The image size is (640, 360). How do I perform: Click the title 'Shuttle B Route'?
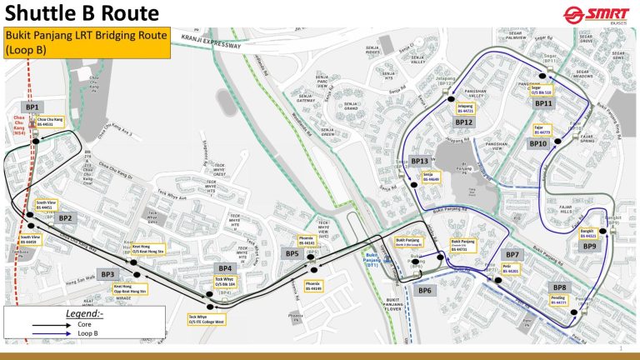point(82,14)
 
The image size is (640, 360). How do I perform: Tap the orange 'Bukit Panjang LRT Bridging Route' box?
point(87,43)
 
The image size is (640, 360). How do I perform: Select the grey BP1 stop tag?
point(32,108)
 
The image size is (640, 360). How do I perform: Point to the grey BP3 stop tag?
point(107,274)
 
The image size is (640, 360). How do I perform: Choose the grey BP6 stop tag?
point(425,290)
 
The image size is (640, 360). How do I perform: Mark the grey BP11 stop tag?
point(543,103)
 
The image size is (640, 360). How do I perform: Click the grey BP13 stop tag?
point(420,161)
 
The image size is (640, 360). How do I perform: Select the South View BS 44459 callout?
point(31,241)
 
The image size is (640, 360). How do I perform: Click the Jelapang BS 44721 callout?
point(466,108)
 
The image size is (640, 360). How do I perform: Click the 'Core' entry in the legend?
point(67,324)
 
